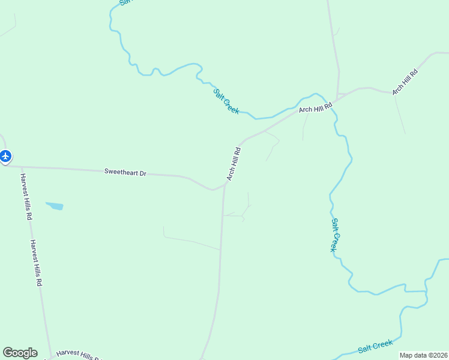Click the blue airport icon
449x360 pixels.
5,157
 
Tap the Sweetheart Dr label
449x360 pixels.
125,172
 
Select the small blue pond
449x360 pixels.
54,206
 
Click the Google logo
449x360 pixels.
20,353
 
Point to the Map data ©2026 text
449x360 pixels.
423,355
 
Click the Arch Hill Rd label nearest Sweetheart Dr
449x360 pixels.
234,164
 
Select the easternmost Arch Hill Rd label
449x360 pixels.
405,82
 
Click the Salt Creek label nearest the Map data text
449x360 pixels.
375,346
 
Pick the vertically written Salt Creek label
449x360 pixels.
336,235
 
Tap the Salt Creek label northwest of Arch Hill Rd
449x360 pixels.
226,101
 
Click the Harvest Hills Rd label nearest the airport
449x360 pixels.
25,197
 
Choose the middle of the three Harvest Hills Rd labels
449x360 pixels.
36,263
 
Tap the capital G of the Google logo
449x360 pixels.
8,352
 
